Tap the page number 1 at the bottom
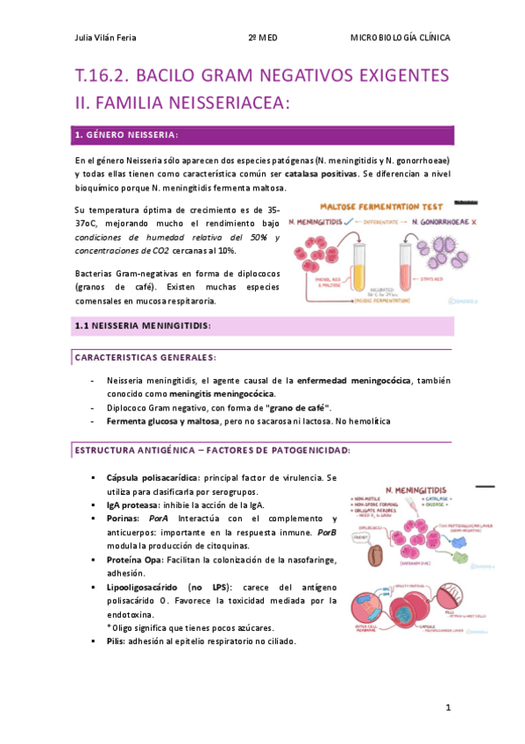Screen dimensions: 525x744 pyautogui.click(x=447, y=706)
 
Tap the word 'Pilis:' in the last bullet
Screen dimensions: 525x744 pyautogui.click(x=118, y=641)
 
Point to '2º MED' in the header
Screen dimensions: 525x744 pyautogui.click(x=263, y=38)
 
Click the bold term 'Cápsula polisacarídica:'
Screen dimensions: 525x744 pyautogui.click(x=152, y=477)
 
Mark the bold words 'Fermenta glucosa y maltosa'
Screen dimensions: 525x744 pyautogui.click(x=162, y=421)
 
